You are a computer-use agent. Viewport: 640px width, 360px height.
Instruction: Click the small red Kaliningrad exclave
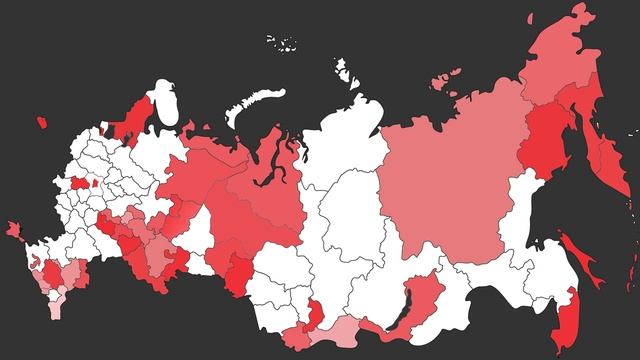(41, 122)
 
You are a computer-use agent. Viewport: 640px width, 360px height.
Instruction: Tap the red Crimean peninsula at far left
(14, 229)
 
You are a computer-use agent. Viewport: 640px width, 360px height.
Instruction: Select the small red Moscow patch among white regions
(80, 184)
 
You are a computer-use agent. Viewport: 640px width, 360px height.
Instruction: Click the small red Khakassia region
(313, 312)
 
